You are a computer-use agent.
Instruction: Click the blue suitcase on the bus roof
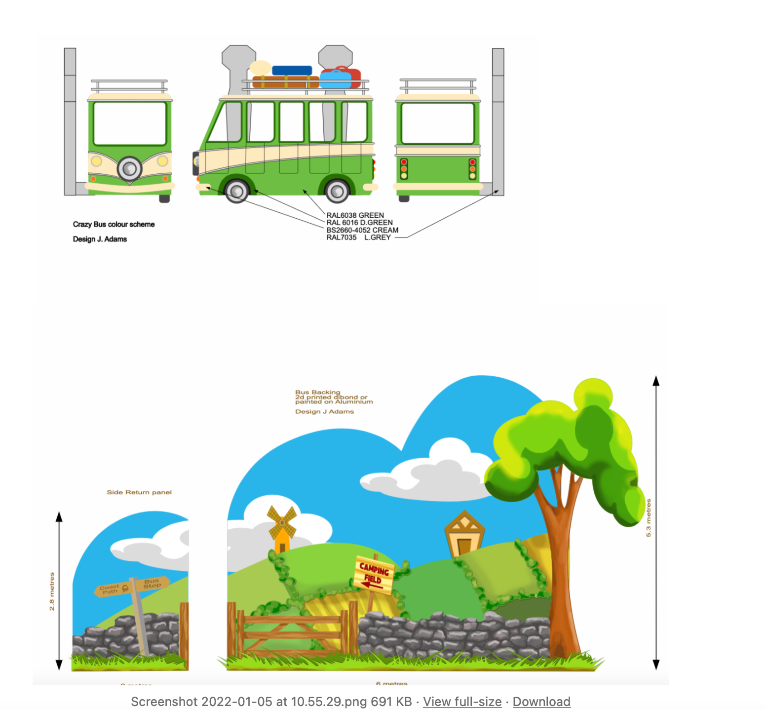(292, 71)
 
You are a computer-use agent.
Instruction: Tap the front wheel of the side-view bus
(236, 191)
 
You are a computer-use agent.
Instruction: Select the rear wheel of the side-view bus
(337, 191)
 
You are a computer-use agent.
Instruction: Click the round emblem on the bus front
(129, 168)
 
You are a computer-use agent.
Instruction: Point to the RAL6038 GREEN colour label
(355, 215)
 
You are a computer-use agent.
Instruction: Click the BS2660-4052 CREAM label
(362, 230)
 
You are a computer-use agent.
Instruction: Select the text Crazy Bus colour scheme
(114, 224)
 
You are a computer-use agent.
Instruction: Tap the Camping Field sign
(374, 574)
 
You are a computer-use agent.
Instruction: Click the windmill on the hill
(282, 528)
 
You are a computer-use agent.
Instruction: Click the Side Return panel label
(139, 492)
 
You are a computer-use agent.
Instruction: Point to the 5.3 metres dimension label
(649, 518)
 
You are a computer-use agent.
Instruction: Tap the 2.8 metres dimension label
(52, 591)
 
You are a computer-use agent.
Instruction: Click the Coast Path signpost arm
(112, 589)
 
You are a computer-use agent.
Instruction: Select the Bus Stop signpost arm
(153, 583)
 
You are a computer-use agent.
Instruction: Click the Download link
(541, 702)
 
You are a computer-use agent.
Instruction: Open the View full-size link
(462, 702)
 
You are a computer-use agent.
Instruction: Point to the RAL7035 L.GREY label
(358, 237)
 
